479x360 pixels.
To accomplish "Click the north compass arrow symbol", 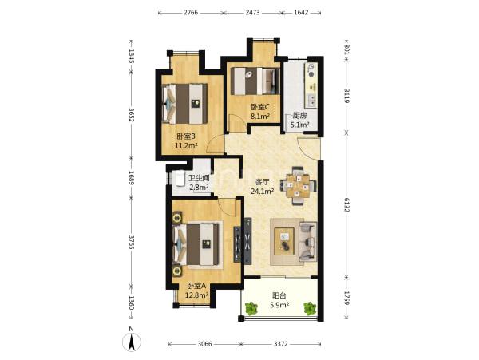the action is tap(132, 342).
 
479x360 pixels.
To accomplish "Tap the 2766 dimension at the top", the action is tap(191, 13).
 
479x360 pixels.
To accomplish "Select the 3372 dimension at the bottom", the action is tap(280, 344).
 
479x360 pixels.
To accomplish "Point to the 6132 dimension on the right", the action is tap(346, 205).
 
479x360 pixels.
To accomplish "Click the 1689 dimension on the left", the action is tap(132, 178).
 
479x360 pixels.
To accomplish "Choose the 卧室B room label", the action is tap(186, 136).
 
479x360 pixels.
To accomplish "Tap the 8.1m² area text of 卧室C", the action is tap(260, 117).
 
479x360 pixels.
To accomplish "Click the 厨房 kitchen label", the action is tap(299, 116).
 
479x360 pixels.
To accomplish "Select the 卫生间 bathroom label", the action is tap(199, 178).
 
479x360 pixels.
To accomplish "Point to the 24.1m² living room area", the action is tap(262, 192).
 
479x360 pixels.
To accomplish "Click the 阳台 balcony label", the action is tap(279, 295).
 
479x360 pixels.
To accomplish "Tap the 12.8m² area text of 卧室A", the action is tap(197, 295).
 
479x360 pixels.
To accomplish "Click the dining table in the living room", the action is tap(298, 185).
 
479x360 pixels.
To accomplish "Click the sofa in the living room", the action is tap(307, 241).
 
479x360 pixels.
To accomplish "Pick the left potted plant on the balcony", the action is tap(251, 308).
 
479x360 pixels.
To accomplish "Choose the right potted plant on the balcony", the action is tap(310, 308).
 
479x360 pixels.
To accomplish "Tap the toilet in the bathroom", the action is tap(178, 178).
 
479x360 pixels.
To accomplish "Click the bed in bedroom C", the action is tap(255, 81).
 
